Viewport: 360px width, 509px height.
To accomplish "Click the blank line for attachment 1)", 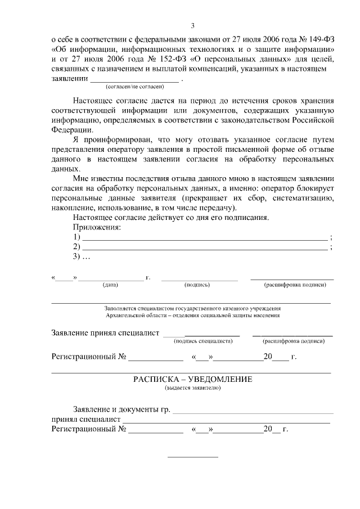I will coord(205,239).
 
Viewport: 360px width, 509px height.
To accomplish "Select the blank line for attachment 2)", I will coord(205,249).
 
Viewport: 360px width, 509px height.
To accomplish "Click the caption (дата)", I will coord(110,285).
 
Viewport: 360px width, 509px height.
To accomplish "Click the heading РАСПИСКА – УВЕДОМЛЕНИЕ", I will coord(192,379).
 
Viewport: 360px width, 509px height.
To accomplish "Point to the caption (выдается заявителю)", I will coord(192,388).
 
